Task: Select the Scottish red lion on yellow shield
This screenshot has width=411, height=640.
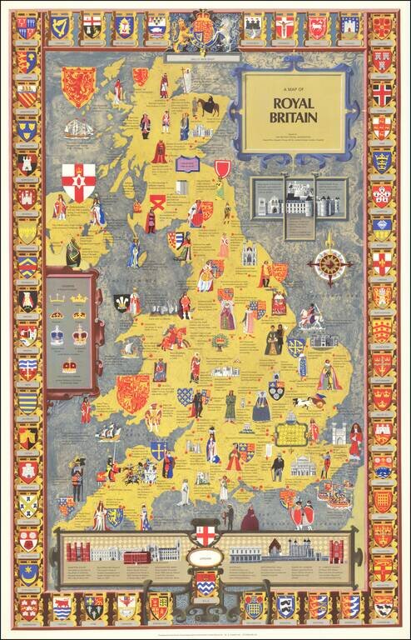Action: coord(79,86)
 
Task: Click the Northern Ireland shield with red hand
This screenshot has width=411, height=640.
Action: coord(79,182)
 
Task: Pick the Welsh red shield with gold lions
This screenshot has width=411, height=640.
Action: coord(132,392)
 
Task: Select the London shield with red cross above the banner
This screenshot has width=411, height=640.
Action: coord(205,532)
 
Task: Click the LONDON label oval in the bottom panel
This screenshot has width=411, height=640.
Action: coord(205,558)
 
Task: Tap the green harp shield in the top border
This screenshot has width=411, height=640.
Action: coord(59,27)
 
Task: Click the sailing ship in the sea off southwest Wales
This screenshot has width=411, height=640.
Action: coord(108,433)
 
